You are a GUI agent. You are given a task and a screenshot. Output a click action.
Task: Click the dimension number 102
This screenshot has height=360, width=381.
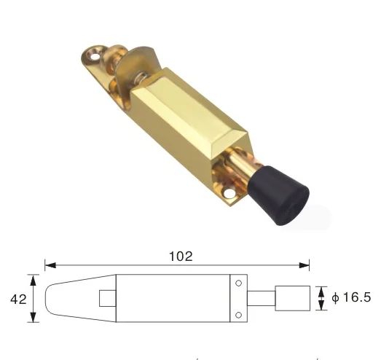181,256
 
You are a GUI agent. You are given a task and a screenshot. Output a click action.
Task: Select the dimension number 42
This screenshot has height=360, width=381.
15,298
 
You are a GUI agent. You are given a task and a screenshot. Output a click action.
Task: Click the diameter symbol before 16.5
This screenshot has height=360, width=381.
334,298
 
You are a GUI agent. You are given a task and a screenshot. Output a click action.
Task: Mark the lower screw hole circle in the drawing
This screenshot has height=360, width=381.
237,314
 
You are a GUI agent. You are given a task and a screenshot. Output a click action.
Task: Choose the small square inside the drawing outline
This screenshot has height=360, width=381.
106,299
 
